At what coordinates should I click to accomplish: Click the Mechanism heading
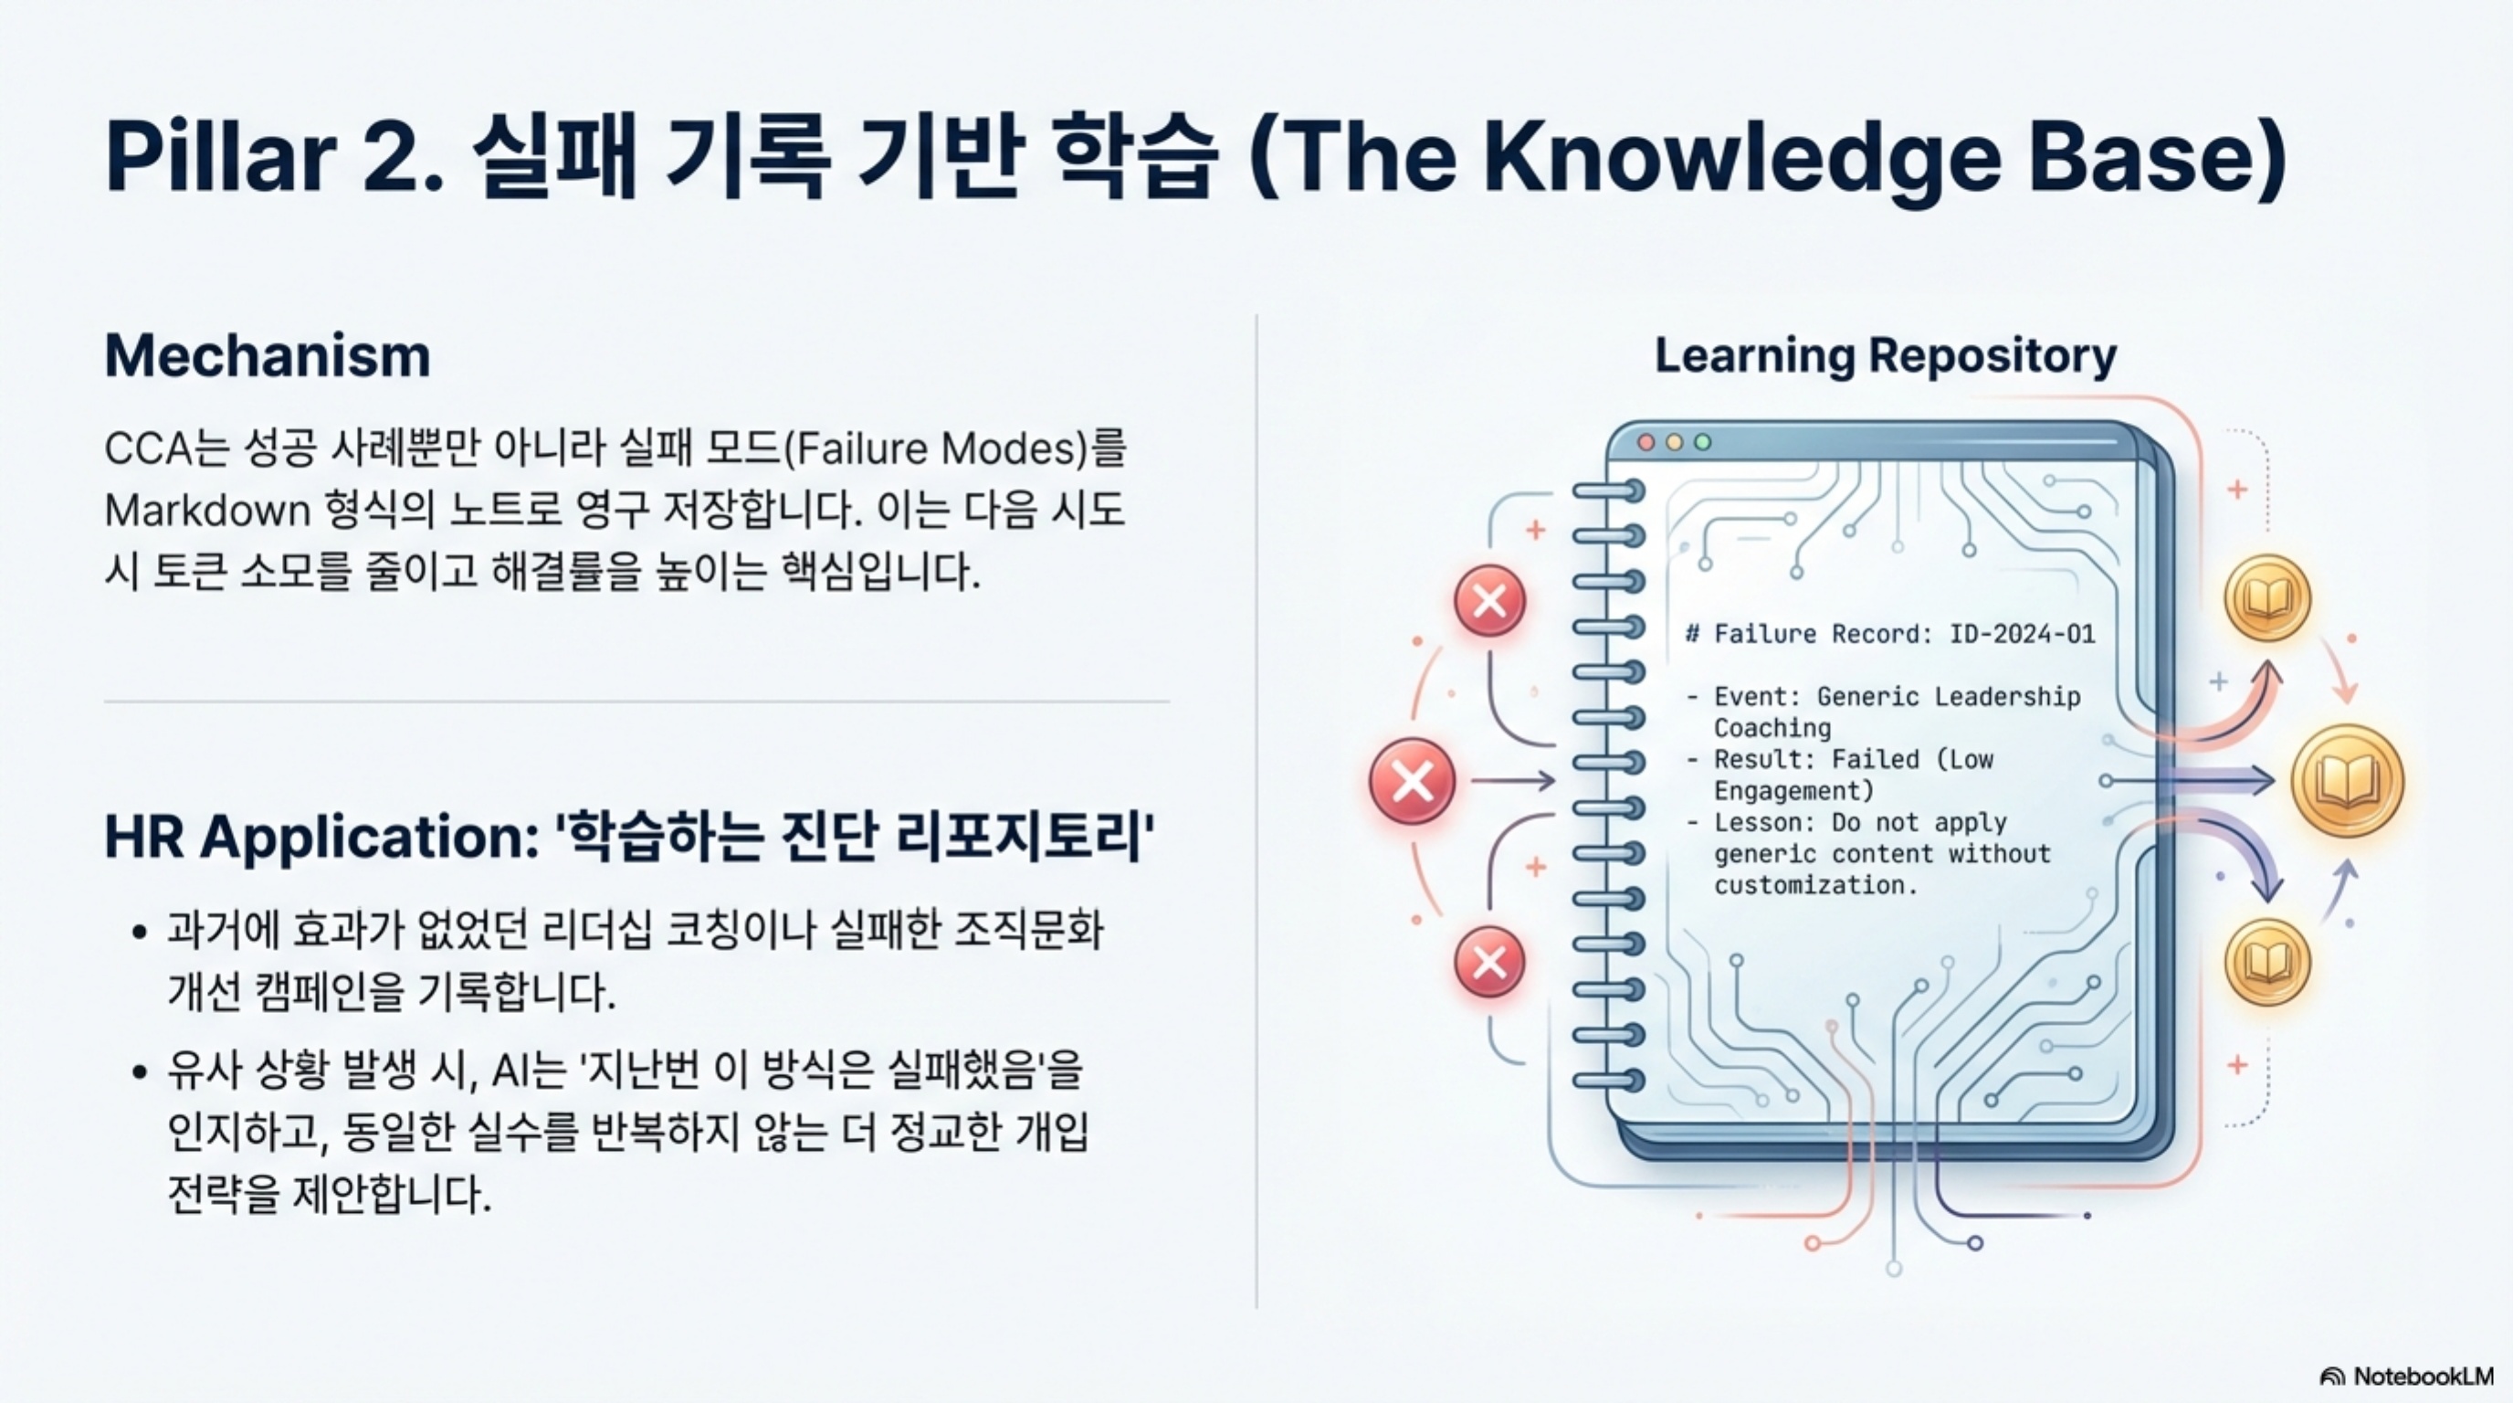pyautogui.click(x=268, y=355)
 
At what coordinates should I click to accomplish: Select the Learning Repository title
pyautogui.click(x=1885, y=356)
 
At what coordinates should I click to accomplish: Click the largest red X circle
pyautogui.click(x=1412, y=781)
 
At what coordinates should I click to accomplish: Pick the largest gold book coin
pyautogui.click(x=2346, y=782)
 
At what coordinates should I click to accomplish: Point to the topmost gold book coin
pyautogui.click(x=2267, y=597)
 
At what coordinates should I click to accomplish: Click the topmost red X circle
pyautogui.click(x=1489, y=601)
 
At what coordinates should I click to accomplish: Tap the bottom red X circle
pyautogui.click(x=1489, y=962)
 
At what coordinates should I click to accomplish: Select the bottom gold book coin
pyautogui.click(x=2267, y=962)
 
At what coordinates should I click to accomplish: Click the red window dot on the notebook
pyautogui.click(x=1646, y=443)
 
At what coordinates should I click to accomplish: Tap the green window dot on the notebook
pyautogui.click(x=1702, y=443)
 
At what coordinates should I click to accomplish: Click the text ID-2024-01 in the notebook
pyautogui.click(x=2022, y=634)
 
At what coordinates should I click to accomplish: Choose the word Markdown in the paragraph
pyautogui.click(x=206, y=511)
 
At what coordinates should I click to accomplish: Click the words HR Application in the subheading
pyautogui.click(x=322, y=837)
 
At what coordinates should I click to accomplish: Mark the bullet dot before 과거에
pyautogui.click(x=140, y=932)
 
